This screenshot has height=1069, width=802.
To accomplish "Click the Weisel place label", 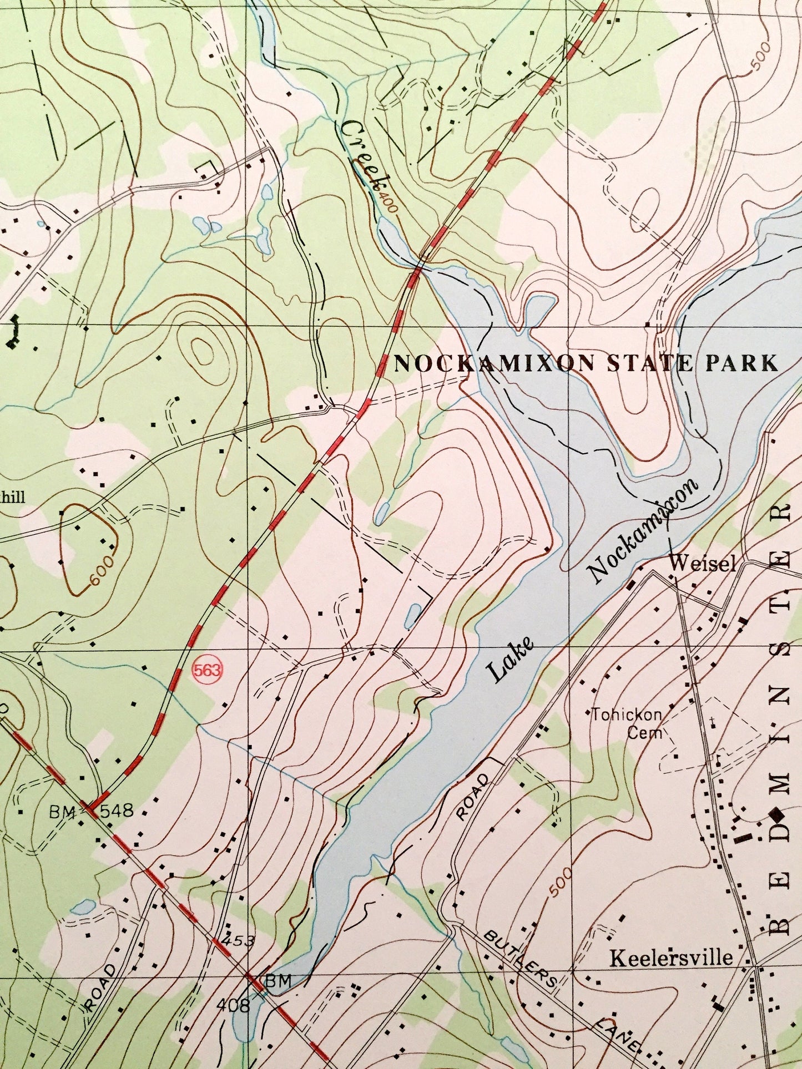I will tap(703, 565).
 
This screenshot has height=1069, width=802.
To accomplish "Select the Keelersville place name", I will tap(672, 957).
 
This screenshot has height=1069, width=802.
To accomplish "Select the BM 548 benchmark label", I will tap(92, 812).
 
